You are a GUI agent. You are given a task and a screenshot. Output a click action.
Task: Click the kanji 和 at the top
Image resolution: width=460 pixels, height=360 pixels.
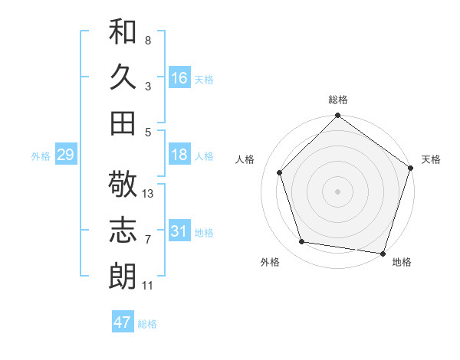(123, 33)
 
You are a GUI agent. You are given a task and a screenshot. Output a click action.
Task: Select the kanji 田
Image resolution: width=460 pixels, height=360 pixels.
(123, 123)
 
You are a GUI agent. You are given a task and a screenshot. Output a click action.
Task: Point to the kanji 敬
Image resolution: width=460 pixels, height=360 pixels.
(123, 185)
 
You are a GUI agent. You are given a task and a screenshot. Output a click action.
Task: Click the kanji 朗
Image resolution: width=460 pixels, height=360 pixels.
(123, 276)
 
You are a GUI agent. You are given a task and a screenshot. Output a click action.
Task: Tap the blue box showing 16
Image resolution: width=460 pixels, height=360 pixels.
(179, 78)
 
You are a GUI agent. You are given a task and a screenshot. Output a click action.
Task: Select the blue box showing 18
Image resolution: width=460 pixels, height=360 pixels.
(179, 155)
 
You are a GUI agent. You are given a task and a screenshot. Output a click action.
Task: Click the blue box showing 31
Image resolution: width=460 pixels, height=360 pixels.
(179, 231)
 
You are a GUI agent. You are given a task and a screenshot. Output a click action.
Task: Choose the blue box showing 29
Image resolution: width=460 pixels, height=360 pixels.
(65, 155)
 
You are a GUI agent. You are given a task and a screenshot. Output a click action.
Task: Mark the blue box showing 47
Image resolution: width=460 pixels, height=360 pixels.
(123, 322)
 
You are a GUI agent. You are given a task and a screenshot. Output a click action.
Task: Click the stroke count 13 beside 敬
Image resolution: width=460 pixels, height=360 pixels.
(148, 194)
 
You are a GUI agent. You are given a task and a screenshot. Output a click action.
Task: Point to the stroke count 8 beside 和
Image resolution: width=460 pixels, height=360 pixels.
(148, 40)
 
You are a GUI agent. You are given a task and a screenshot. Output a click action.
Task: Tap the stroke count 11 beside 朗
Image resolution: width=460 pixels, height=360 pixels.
(148, 286)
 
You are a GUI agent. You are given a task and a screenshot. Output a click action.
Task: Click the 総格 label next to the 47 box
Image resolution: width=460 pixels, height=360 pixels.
(147, 324)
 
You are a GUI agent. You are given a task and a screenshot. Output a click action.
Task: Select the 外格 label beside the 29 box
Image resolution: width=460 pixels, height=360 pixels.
(41, 156)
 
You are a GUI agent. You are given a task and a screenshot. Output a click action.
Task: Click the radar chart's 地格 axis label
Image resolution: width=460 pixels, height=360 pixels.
(402, 262)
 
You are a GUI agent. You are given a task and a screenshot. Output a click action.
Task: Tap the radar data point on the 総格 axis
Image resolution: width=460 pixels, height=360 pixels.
(337, 117)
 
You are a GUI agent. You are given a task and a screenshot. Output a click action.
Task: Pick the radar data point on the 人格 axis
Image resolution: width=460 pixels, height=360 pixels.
(280, 172)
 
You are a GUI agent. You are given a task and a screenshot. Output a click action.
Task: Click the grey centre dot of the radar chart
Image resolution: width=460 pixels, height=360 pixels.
(337, 191)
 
